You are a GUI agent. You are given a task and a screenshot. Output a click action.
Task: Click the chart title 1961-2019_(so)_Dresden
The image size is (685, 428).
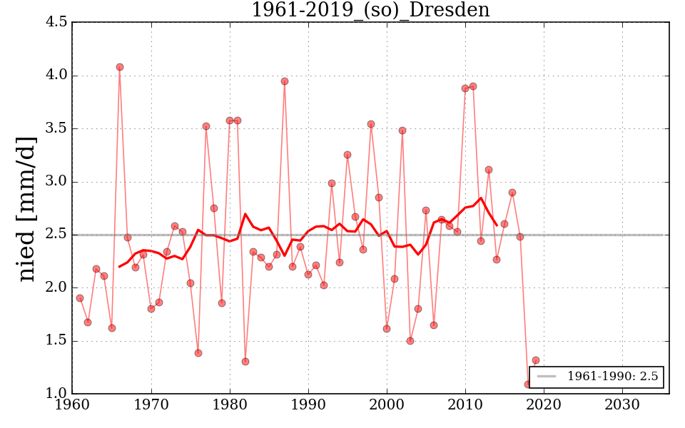pyautogui.click(x=370, y=10)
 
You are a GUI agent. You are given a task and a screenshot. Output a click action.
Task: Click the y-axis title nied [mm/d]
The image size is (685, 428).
pyautogui.click(x=27, y=208)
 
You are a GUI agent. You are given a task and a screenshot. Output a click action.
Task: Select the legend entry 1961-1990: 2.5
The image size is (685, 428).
pyautogui.click(x=597, y=377)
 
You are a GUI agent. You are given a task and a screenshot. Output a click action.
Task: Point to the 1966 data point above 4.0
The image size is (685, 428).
pyautogui.click(x=120, y=67)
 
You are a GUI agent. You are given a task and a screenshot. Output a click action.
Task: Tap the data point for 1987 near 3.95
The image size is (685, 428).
pyautogui.click(x=285, y=81)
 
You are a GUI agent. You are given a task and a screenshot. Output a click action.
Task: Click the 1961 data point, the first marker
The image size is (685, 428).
pyautogui.click(x=80, y=298)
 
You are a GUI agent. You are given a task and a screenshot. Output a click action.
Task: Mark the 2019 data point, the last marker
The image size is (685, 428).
pyautogui.click(x=536, y=360)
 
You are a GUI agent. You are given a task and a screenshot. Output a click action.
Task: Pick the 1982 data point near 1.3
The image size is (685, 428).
pyautogui.click(x=245, y=362)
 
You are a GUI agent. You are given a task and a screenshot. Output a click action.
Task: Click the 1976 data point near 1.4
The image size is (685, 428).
pyautogui.click(x=198, y=353)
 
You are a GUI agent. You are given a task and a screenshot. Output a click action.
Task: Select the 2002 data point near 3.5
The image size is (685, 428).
pyautogui.click(x=402, y=131)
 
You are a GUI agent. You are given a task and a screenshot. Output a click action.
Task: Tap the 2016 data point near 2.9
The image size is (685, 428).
pyautogui.click(x=512, y=193)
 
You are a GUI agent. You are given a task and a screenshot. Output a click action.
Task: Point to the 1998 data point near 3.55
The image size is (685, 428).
pyautogui.click(x=371, y=124)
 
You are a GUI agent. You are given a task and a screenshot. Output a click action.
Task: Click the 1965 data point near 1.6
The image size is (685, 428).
pyautogui.click(x=112, y=328)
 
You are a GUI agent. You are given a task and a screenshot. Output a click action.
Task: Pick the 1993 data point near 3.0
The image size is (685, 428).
pyautogui.click(x=332, y=183)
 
